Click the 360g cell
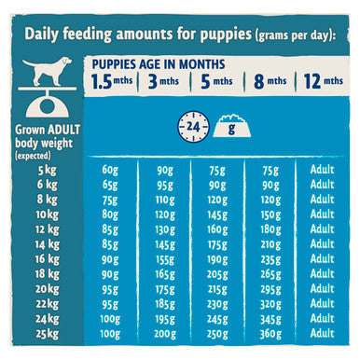coord(270,333)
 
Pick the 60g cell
coord(111,169)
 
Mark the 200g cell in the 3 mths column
coord(164,333)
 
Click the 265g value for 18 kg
coord(270,274)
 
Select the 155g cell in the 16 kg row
coord(164,258)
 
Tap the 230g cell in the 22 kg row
coord(216,303)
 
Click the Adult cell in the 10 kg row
coord(321,214)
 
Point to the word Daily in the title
coord(45,35)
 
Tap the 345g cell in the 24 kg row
coord(270,318)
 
